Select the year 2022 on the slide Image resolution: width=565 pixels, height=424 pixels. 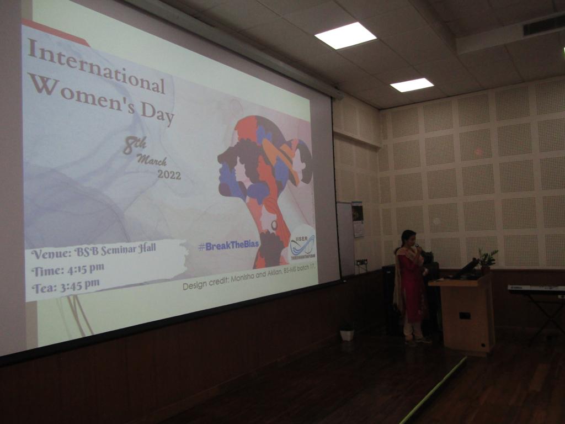coord(169,174)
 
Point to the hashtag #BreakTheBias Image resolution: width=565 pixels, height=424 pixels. coord(228,246)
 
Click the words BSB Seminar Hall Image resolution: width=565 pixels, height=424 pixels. coord(115,250)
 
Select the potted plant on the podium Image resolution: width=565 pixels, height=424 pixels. coord(487,259)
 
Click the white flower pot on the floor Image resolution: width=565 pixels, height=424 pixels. coord(347,334)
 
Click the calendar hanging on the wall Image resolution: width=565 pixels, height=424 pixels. coord(358,219)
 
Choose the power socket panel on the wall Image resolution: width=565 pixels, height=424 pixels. coord(361,262)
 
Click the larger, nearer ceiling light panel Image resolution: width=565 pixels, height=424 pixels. coord(345,35)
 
